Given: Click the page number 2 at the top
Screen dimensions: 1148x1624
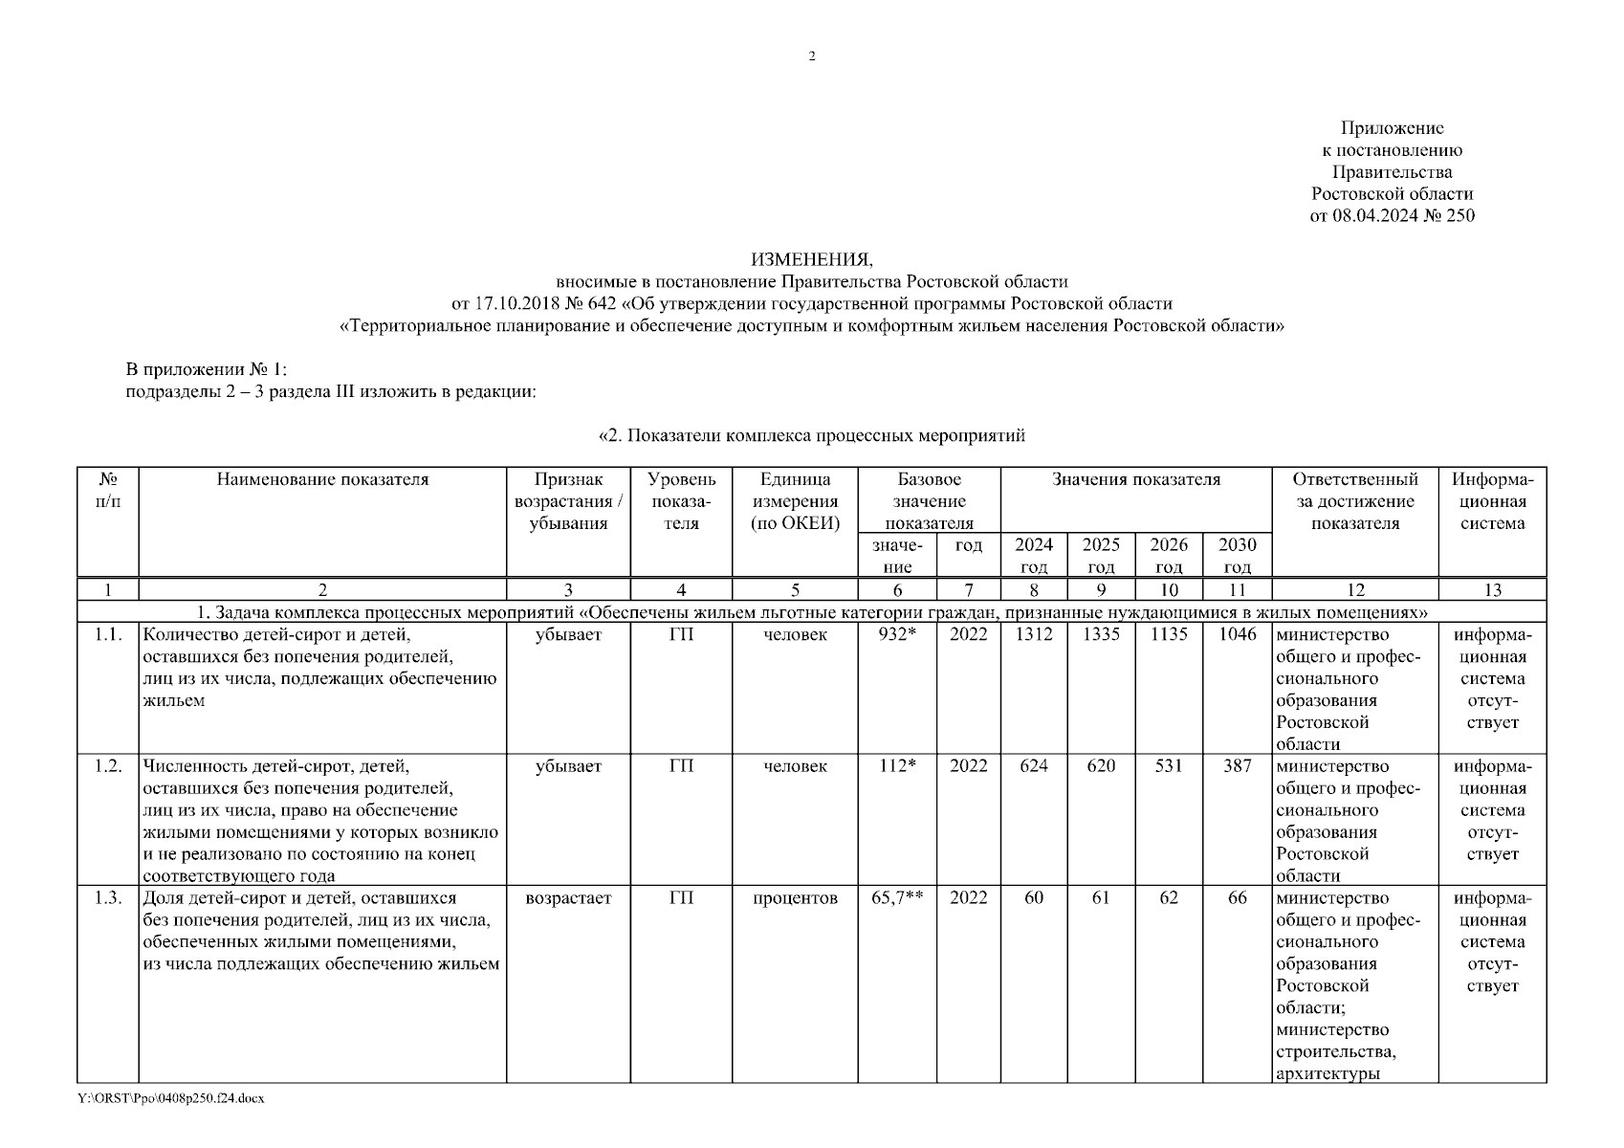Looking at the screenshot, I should (812, 56).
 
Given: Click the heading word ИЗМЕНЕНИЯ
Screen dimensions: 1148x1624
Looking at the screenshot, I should (811, 259).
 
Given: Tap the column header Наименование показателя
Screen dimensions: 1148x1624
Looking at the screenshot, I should (322, 480).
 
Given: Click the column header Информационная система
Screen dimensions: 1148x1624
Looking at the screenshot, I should (1492, 501).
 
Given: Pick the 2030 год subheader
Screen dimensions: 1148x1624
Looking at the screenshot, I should (1238, 555).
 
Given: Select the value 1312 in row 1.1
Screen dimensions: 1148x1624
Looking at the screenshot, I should (1034, 634).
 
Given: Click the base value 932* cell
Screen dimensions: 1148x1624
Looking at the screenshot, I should (897, 634).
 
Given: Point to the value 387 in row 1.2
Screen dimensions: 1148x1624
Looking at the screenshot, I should (1238, 766).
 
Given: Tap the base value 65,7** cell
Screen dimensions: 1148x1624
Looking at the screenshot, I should (897, 898).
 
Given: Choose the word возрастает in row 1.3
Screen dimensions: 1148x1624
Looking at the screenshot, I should (568, 898).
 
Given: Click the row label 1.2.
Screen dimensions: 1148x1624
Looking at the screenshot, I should (108, 766).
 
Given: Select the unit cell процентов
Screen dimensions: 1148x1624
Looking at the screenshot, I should (795, 898).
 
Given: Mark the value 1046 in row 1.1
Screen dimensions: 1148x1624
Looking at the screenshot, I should (1238, 634).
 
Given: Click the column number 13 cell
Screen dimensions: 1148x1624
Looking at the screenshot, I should (1492, 590).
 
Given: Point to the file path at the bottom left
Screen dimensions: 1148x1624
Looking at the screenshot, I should (170, 1098).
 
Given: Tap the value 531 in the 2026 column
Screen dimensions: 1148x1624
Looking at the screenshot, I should (1169, 766).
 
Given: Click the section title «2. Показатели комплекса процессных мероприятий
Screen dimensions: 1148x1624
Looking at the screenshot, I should (811, 436).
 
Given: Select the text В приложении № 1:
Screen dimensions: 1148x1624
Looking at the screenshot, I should (207, 369).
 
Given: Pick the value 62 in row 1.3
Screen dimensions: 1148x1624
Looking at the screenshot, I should (1169, 898).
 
